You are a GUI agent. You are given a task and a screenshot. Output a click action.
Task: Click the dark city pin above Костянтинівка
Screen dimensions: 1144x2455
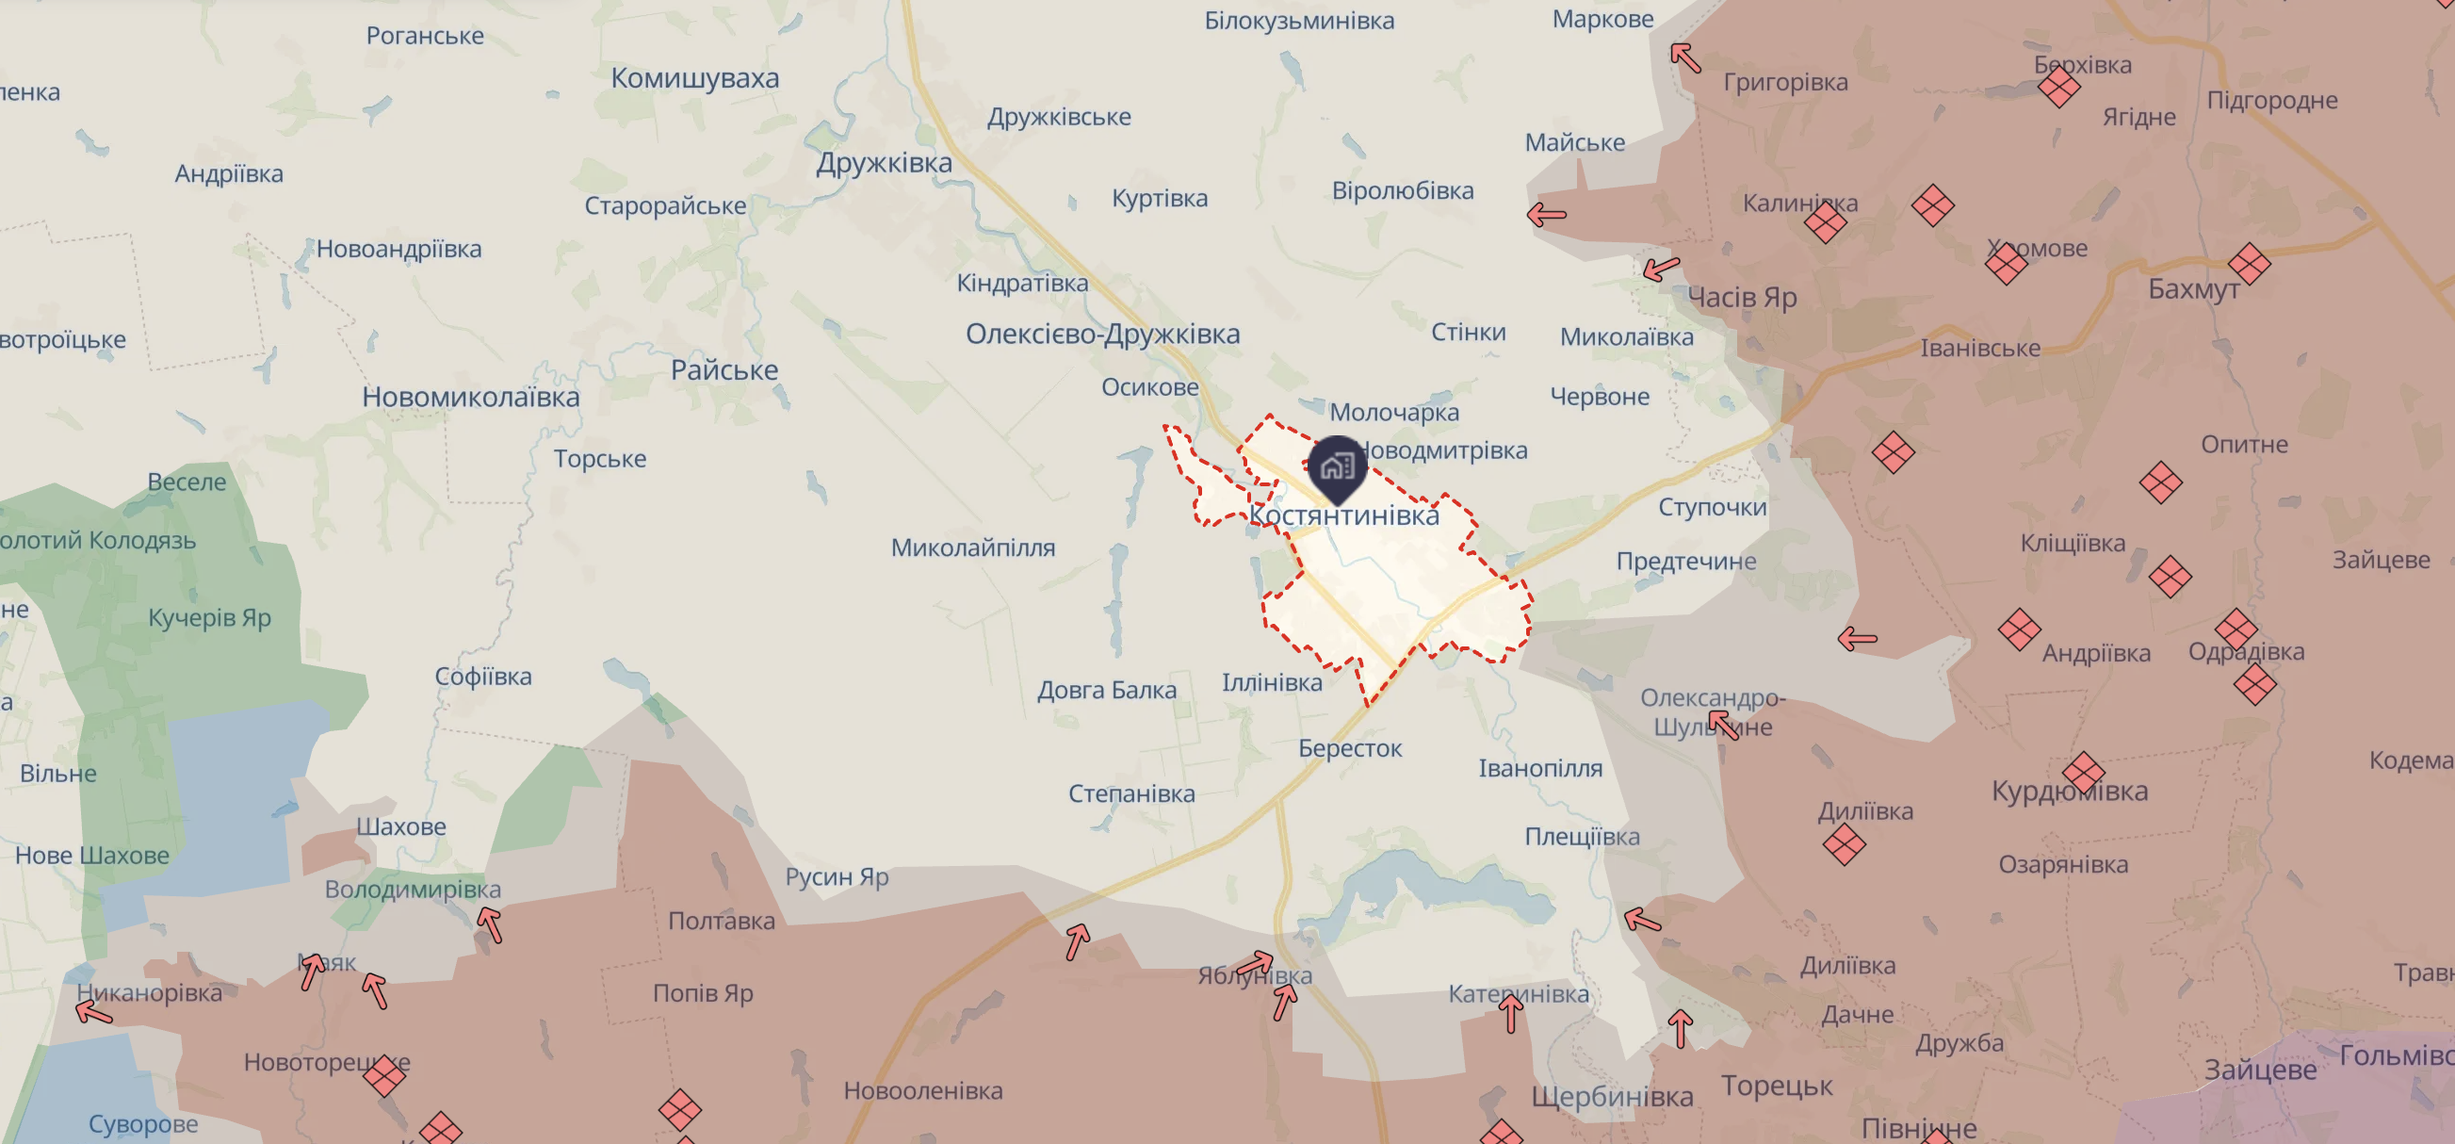coord(1337,466)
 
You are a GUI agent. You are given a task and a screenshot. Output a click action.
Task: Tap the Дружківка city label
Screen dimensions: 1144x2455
coord(884,163)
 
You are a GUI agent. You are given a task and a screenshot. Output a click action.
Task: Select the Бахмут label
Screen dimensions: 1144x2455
coord(2193,289)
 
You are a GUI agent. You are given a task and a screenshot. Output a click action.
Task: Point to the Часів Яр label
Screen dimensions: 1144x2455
coord(1742,298)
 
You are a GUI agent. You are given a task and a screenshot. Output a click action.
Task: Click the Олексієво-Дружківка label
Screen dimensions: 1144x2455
coord(1102,334)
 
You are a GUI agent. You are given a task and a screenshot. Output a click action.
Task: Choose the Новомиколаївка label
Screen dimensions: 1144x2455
coord(471,397)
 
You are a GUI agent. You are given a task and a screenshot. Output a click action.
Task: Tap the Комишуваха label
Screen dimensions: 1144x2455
coord(694,78)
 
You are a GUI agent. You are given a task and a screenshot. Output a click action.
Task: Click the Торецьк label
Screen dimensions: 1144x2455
coord(1777,1086)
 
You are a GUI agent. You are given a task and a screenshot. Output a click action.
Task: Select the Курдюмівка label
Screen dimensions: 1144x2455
coord(2070,792)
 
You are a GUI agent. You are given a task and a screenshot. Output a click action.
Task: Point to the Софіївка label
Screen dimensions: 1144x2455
coord(483,677)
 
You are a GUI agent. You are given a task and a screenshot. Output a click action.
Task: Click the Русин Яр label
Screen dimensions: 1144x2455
coord(837,877)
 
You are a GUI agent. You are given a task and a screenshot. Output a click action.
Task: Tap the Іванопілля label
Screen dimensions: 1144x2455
coord(1540,768)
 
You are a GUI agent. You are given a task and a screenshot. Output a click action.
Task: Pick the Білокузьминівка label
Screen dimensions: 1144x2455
coord(1299,21)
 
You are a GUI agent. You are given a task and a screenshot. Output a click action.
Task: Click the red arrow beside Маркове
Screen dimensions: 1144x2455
coord(1685,57)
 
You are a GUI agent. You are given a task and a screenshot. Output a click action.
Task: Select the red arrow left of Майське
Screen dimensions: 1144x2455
coord(1546,215)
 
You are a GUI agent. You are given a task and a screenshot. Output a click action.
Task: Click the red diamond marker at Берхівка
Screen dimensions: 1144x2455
coord(2058,88)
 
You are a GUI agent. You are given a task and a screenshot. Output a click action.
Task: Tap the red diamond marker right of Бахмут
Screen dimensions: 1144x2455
coord(2249,264)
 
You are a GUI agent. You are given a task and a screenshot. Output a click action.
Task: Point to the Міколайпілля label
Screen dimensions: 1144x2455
coord(973,548)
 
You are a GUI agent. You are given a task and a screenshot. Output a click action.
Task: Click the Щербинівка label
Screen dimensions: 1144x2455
coord(1613,1097)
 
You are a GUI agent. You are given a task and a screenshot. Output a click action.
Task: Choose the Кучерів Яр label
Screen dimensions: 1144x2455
coord(210,618)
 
